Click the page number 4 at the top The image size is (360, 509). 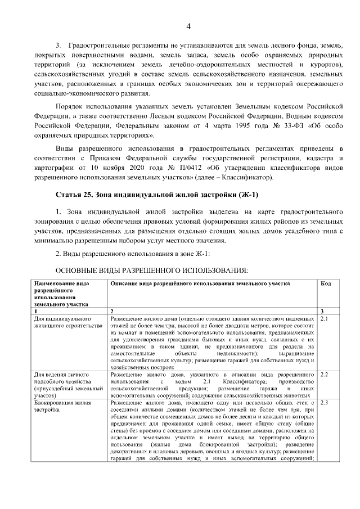[x=188, y=26]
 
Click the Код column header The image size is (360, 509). [x=325, y=284]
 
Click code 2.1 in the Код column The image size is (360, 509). [x=324, y=319]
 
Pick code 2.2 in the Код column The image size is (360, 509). [x=324, y=374]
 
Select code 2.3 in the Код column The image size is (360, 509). [x=324, y=403]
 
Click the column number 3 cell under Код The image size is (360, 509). [x=321, y=311]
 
